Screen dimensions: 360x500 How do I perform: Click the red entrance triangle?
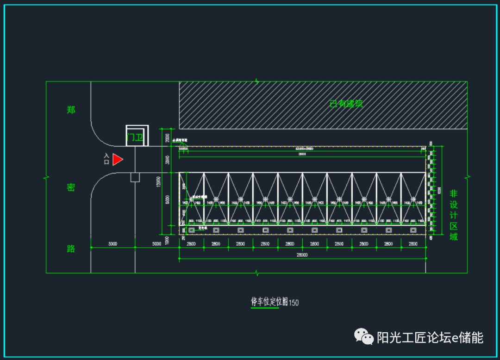coord(117,159)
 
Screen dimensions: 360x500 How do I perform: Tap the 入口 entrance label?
coord(106,159)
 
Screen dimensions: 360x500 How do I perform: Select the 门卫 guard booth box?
coord(137,136)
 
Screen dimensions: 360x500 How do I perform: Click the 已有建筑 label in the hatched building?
coord(346,104)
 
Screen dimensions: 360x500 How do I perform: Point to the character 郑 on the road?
coord(71,110)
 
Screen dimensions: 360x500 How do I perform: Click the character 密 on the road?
coord(71,187)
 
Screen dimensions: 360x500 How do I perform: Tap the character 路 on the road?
coord(71,248)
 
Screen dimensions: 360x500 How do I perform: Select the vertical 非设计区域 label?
coord(454,215)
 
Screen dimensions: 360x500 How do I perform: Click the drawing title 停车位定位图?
coord(269,302)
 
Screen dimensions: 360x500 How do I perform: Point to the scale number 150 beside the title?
coord(294,303)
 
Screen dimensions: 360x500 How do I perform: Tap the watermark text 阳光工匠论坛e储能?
coord(430,337)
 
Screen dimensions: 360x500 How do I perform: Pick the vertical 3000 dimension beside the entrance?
coord(168,160)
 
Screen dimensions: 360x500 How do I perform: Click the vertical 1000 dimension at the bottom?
coord(168,239)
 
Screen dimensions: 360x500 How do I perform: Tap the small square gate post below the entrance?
coord(135,177)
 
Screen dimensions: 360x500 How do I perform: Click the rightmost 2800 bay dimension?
coord(413,243)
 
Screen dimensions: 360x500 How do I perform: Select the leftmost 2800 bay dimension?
coord(191,243)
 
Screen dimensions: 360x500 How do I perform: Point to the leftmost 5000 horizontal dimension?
coord(112,243)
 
